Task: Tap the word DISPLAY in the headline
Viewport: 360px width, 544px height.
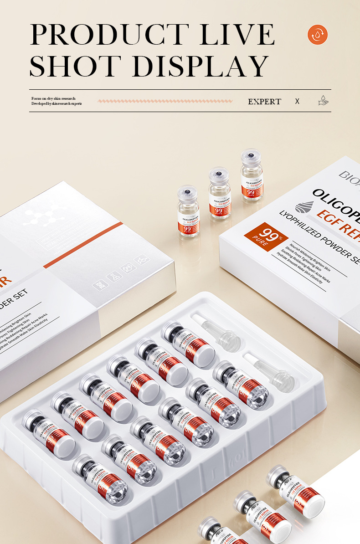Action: tap(200, 66)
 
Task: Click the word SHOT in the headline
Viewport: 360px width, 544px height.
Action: tap(76, 66)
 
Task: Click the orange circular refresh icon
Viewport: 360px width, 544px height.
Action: tap(318, 35)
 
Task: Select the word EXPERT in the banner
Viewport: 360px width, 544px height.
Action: tap(264, 102)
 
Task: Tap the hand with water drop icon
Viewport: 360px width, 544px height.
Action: tap(323, 101)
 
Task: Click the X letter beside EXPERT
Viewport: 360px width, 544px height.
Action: tap(297, 101)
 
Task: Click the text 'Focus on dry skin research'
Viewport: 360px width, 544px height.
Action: tap(53, 98)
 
